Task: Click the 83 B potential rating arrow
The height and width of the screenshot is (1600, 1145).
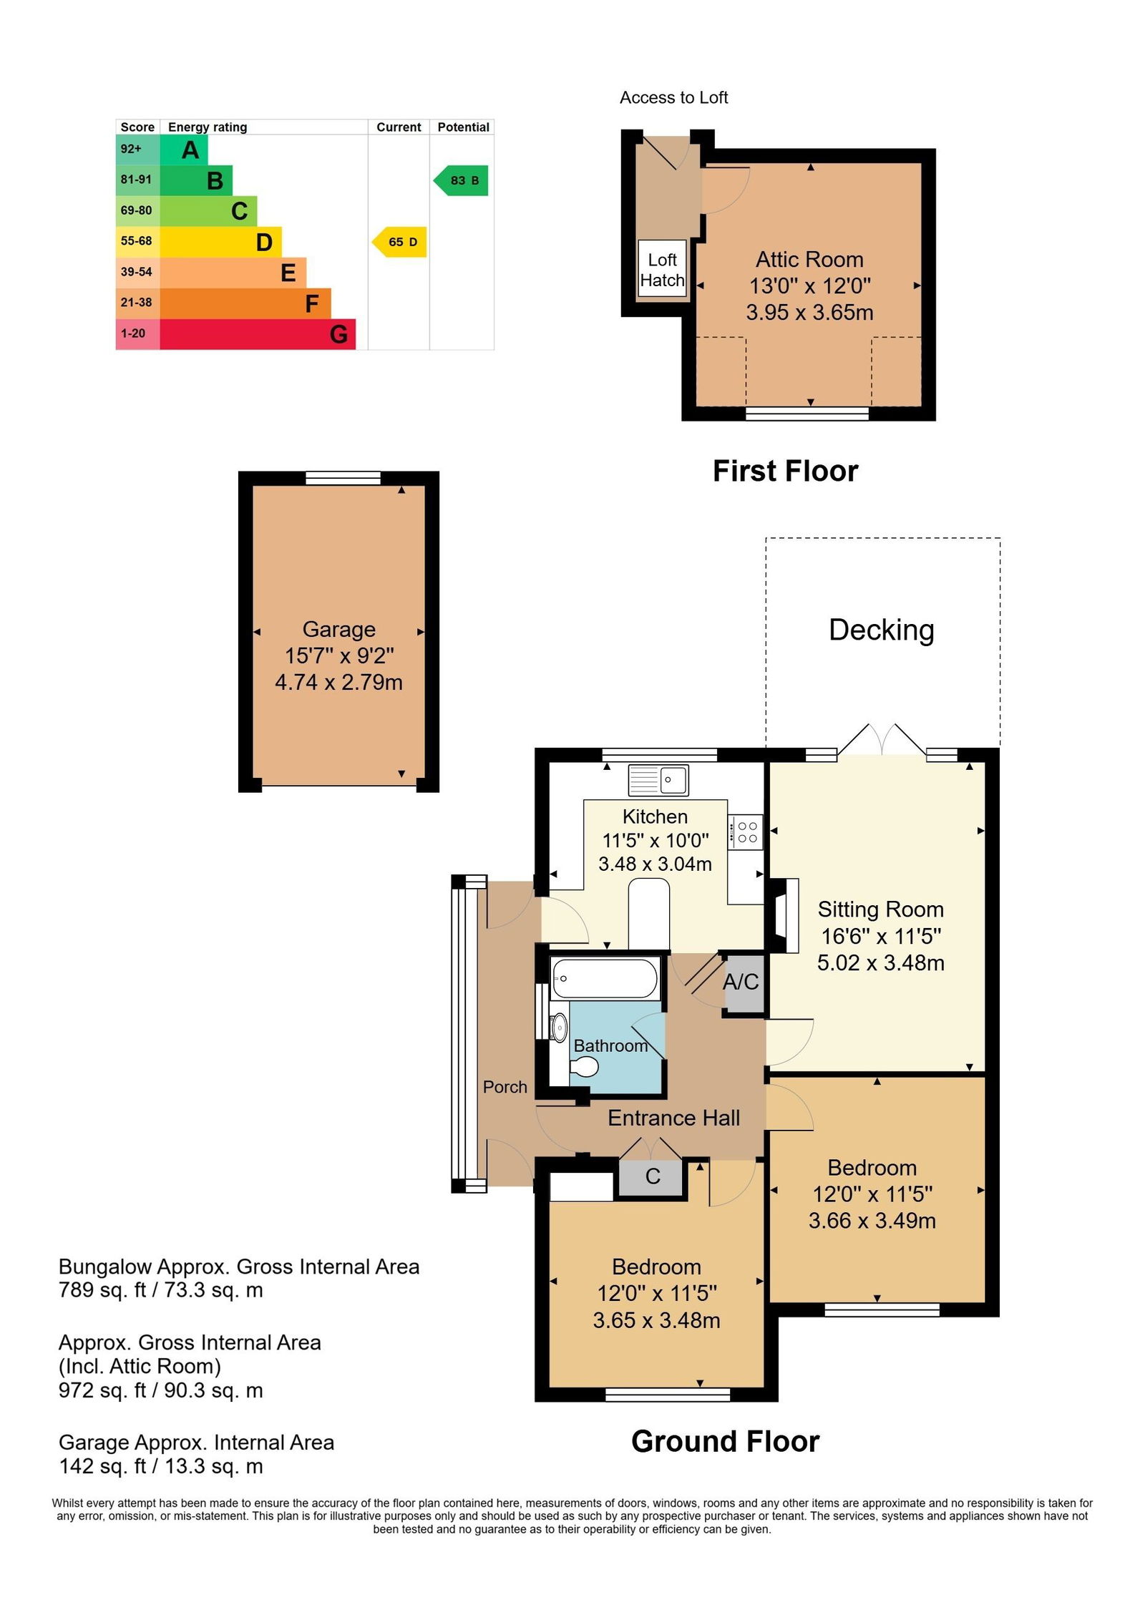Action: [461, 180]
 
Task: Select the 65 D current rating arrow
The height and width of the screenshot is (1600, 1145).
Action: [399, 242]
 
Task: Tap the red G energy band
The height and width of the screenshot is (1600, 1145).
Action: [258, 334]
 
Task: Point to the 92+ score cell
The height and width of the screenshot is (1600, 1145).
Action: [137, 149]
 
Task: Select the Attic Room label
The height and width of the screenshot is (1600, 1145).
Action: [809, 259]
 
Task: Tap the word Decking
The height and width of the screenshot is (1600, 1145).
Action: [881, 630]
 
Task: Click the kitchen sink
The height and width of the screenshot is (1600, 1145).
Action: [658, 780]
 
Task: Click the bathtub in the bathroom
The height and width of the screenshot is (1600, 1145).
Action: [605, 978]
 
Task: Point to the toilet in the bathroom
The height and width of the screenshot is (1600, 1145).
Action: [583, 1068]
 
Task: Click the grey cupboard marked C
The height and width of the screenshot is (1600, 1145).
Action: [652, 1177]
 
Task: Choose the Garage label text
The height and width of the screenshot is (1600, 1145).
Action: [338, 629]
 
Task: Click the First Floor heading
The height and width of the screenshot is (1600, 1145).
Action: [785, 472]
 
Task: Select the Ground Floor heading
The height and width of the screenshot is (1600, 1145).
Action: [725, 1442]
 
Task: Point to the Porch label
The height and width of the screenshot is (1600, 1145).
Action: [505, 1087]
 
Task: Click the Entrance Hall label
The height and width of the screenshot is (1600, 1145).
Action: [673, 1118]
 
